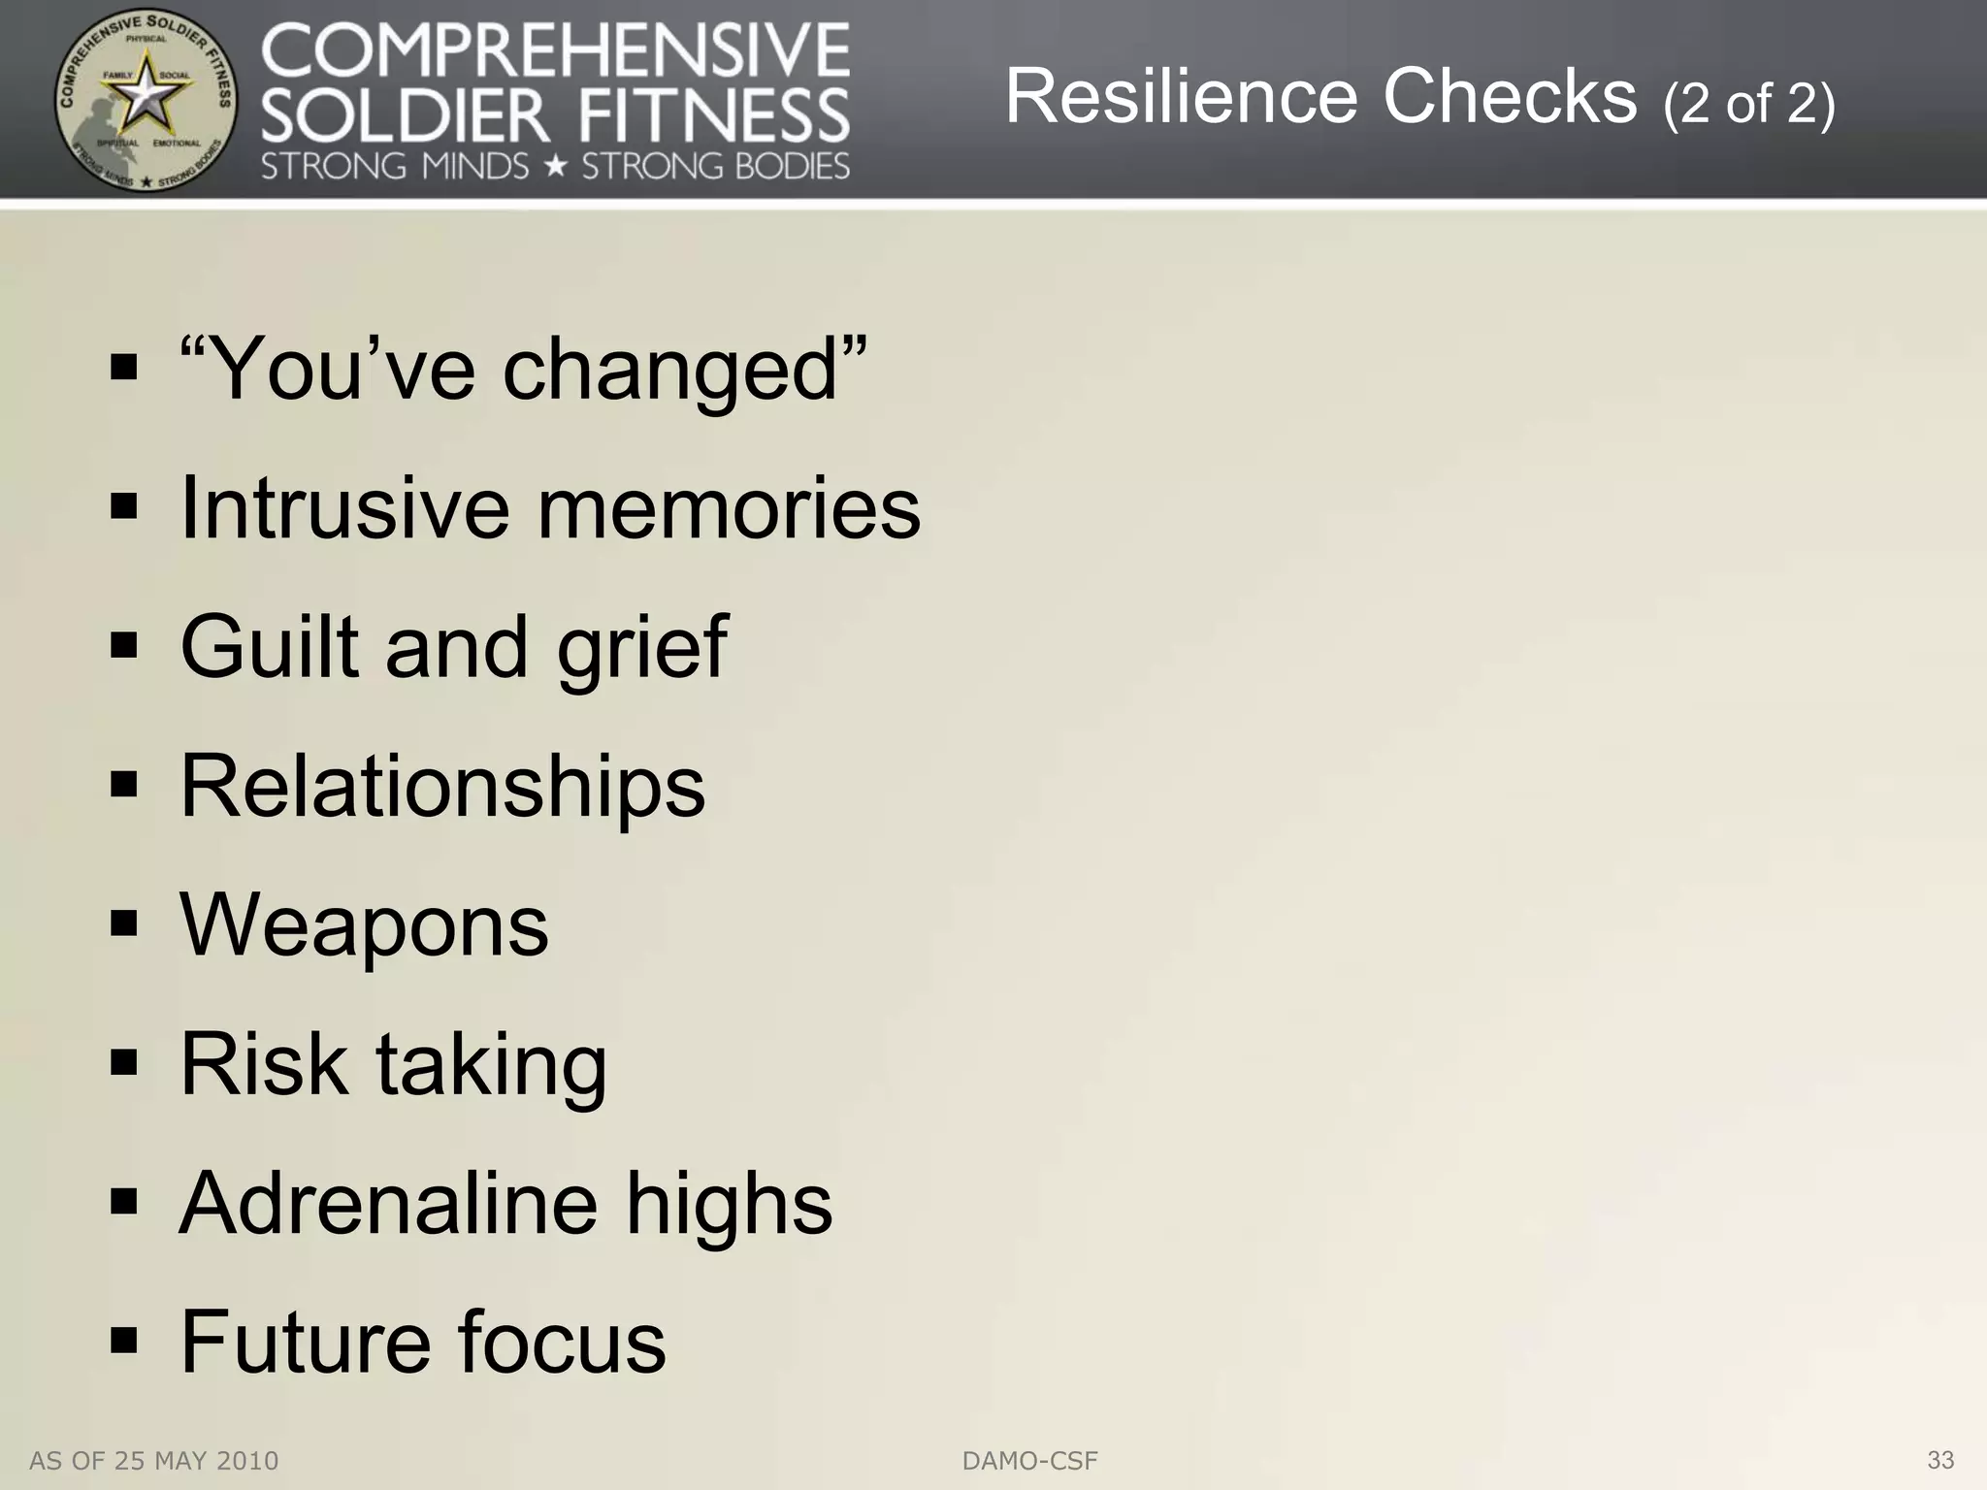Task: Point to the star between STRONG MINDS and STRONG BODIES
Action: tap(555, 167)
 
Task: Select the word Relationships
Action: tap(442, 786)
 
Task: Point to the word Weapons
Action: tap(364, 924)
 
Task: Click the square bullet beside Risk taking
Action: tap(124, 1064)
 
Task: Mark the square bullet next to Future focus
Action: tap(124, 1342)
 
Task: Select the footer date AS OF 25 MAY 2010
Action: tap(154, 1461)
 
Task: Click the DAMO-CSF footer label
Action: tap(1029, 1461)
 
